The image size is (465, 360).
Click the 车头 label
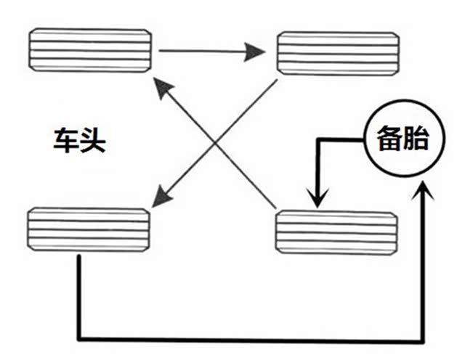(x=80, y=141)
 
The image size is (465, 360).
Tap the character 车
(x=66, y=141)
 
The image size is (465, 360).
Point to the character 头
(x=94, y=141)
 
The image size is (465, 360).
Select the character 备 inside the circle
(x=389, y=137)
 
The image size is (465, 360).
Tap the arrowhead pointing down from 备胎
(x=317, y=199)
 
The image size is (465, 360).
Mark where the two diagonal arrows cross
(x=217, y=140)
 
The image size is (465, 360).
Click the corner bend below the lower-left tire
(x=78, y=339)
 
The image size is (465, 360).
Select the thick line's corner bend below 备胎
(x=426, y=339)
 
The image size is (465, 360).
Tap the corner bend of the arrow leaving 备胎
(x=317, y=139)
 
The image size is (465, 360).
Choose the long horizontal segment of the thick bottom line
(x=247, y=339)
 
